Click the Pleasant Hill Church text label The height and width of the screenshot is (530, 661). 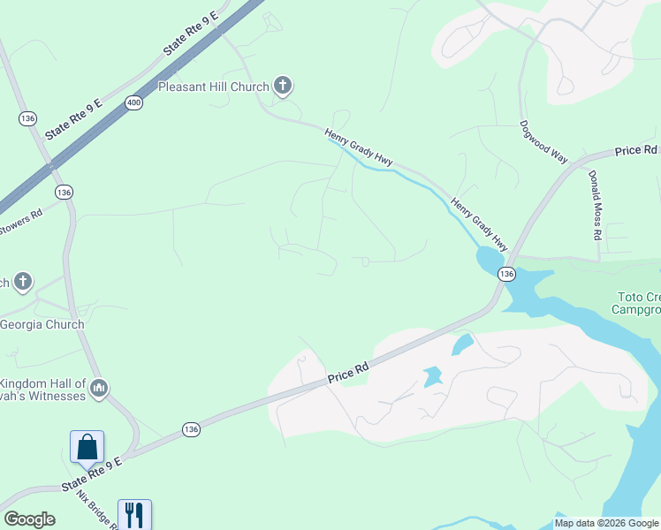coord(213,87)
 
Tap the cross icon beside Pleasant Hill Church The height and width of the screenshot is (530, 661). coord(283,86)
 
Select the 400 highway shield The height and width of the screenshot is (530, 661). coord(133,103)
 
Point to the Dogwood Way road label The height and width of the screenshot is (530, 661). coord(543,141)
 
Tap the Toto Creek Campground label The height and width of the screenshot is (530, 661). coord(636,303)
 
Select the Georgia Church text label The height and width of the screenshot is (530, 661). coord(42,324)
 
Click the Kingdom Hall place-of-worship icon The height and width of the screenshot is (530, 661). coord(99,388)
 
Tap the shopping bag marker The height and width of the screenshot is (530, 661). coord(87,447)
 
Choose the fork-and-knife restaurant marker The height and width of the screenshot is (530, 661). coord(134,514)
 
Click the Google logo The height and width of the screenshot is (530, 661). coord(29,519)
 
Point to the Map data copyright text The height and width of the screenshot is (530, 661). coord(606,523)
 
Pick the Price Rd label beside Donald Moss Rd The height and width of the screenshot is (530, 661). coord(636,151)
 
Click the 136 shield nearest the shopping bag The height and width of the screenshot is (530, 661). coord(191,428)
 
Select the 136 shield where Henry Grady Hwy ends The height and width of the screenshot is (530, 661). coord(505,275)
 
